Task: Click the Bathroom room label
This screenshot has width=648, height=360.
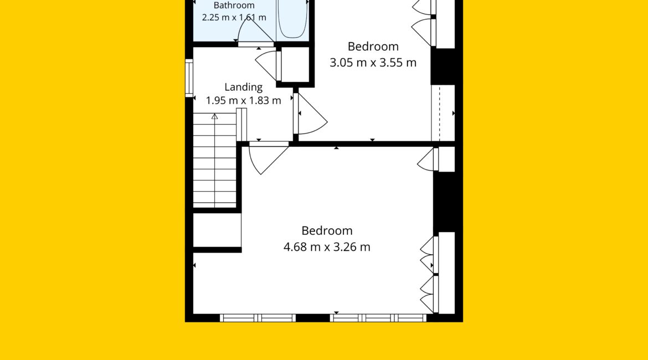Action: click(x=234, y=6)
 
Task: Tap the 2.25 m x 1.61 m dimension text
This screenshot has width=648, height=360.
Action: click(x=234, y=17)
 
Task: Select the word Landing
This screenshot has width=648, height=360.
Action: click(x=243, y=87)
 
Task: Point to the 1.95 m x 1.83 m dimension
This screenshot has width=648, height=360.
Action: click(x=243, y=100)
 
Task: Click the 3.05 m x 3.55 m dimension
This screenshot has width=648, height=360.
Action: click(x=373, y=63)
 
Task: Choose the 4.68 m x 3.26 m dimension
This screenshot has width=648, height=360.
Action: click(x=327, y=247)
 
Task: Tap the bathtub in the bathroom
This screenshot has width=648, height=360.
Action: click(x=292, y=19)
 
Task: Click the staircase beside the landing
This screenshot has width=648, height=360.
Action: click(x=215, y=161)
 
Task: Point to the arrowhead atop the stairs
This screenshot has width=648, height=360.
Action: click(x=214, y=117)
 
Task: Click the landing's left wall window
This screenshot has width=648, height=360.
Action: click(x=189, y=78)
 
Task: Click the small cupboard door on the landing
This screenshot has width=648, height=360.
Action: click(x=269, y=65)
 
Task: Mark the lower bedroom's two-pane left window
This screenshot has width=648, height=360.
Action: click(x=258, y=318)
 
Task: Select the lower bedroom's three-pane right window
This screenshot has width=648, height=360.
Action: click(x=378, y=318)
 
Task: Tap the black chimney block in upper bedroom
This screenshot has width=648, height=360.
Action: click(x=443, y=66)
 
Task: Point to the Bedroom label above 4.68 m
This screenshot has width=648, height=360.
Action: click(x=327, y=230)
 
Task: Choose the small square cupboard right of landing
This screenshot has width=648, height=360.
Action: click(x=295, y=64)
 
